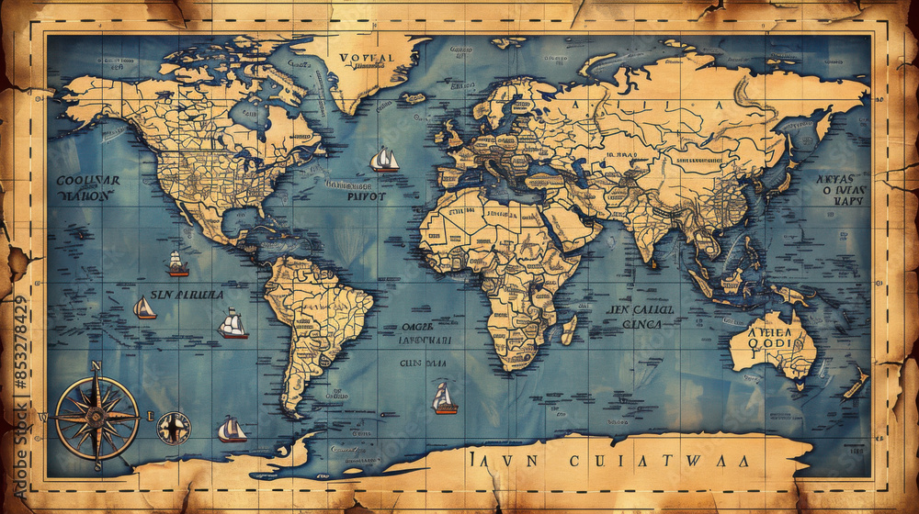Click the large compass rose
(96, 418)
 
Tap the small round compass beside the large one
(173, 428)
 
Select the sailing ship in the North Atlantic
(384, 160)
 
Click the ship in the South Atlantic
(445, 398)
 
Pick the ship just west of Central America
(177, 264)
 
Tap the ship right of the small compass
(232, 430)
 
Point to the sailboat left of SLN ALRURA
(144, 307)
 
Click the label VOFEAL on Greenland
(366, 58)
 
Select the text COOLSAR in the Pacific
(87, 181)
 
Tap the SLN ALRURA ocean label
(187, 296)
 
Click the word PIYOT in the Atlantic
(367, 196)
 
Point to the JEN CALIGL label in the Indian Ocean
(641, 310)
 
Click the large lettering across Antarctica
(607, 459)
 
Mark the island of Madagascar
(570, 328)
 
